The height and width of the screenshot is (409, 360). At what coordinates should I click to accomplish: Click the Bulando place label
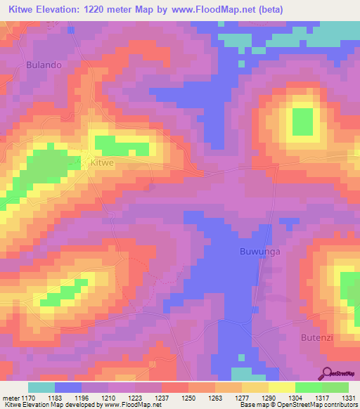tap(44, 64)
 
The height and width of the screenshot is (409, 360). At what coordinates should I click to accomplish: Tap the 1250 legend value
tap(189, 397)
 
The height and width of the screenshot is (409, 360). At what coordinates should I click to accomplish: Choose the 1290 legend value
tap(267, 397)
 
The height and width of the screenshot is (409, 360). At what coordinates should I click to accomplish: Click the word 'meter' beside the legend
tap(11, 397)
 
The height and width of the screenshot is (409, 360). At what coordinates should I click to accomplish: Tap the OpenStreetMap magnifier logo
tap(327, 372)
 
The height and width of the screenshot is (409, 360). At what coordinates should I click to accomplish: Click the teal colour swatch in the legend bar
tap(41, 387)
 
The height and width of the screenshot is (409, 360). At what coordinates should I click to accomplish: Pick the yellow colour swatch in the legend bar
tap(282, 387)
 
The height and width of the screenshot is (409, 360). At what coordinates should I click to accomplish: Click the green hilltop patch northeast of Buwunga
tap(302, 121)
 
